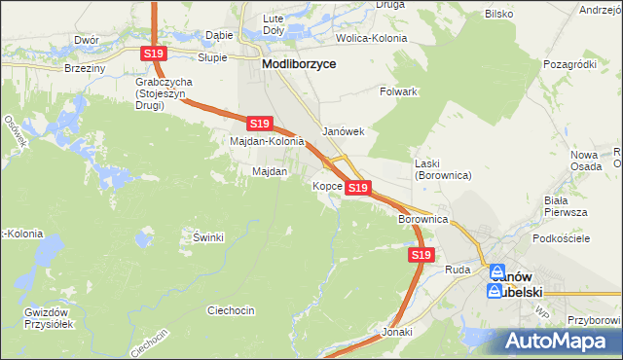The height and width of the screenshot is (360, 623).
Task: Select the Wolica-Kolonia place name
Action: pos(371,38)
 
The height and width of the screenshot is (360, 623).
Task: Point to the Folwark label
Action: pos(398,91)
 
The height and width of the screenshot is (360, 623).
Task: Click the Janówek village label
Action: pos(343,131)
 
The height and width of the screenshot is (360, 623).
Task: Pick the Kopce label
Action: pos(326,186)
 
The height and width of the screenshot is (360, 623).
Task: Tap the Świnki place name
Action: pos(208,237)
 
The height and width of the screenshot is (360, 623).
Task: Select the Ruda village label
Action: pos(457,269)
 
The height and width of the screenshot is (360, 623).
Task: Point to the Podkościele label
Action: pos(557,238)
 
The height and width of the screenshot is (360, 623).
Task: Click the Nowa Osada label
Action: pos(584,161)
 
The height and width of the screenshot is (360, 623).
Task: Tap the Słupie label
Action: pos(212,57)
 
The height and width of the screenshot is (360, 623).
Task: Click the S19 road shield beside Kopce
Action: pos(357,187)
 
